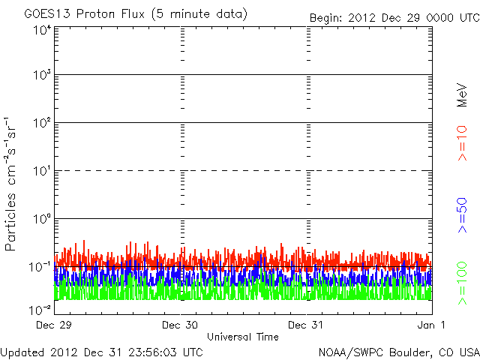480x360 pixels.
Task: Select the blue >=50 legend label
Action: (462, 211)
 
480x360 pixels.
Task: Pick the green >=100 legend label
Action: (462, 282)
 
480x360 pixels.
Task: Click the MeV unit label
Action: (462, 96)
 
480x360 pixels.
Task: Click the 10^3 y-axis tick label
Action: (42, 76)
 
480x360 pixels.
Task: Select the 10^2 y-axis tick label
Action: (42, 124)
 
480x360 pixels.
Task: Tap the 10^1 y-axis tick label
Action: (42, 172)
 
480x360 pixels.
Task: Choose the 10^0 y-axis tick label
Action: (42, 220)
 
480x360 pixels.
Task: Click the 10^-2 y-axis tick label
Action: (40, 308)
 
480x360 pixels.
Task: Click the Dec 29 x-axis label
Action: (53, 325)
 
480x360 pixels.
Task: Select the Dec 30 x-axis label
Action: (179, 325)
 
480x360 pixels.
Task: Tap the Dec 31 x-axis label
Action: (306, 325)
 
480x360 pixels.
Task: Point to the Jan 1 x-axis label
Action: (432, 325)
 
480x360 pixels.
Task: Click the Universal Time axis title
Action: (242, 337)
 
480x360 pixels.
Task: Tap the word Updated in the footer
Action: (22, 352)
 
